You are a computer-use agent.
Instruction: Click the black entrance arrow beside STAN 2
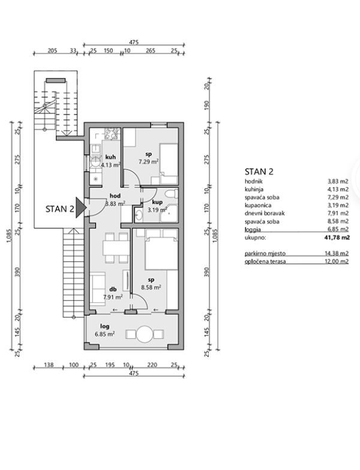pyautogui.click(x=79, y=207)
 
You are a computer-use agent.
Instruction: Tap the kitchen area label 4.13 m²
pyautogui.click(x=110, y=164)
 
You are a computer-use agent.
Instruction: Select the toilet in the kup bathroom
pyautogui.click(x=172, y=194)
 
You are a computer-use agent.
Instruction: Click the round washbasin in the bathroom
pyautogui.click(x=139, y=215)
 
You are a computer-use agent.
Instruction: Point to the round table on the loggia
pyautogui.click(x=144, y=334)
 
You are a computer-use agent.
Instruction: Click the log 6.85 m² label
pyautogui.click(x=104, y=330)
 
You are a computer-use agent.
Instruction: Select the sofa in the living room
pyautogui.click(x=98, y=289)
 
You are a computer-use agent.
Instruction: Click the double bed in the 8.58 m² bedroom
pyautogui.click(x=162, y=249)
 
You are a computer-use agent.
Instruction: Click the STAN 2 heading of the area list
pyautogui.click(x=259, y=171)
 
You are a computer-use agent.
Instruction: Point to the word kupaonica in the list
pyautogui.click(x=258, y=206)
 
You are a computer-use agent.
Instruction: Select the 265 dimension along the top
pyautogui.click(x=150, y=50)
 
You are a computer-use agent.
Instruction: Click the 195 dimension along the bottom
pyautogui.click(x=110, y=364)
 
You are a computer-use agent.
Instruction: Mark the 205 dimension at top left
pyautogui.click(x=53, y=50)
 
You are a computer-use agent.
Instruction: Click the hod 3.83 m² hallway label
pyautogui.click(x=115, y=200)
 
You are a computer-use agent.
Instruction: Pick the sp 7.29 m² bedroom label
pyautogui.click(x=149, y=158)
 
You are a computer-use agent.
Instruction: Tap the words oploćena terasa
pyautogui.click(x=265, y=261)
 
